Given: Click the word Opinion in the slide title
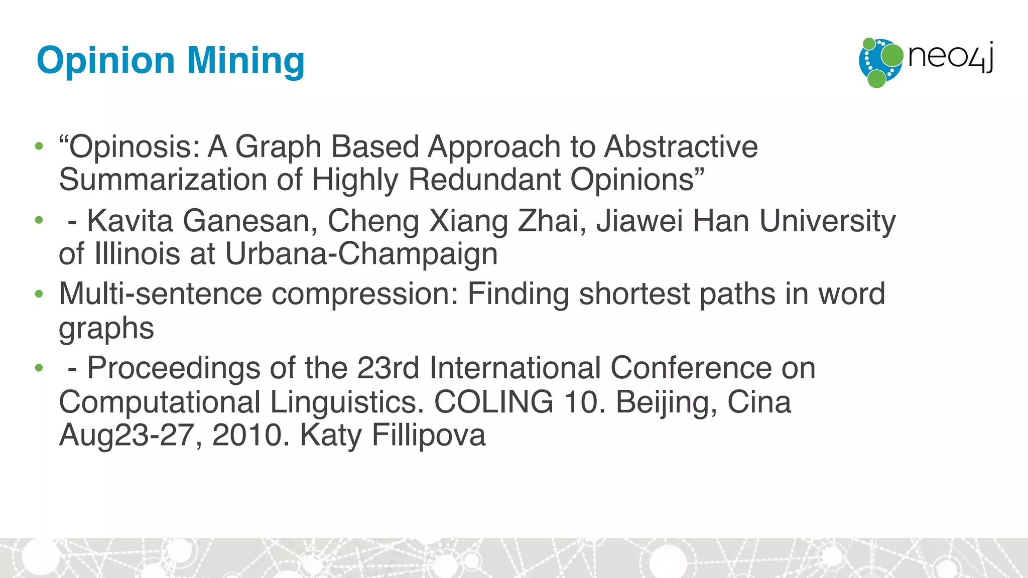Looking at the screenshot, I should [106, 61].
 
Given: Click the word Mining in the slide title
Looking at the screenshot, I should [246, 61].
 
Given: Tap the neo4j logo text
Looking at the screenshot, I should [951, 56].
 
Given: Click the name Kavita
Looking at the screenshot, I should [130, 221].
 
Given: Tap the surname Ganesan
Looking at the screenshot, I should [249, 221].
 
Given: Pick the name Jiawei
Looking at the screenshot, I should [639, 221].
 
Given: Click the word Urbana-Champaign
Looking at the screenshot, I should [361, 254].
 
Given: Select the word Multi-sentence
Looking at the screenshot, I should [160, 294].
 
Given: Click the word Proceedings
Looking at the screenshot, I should [174, 368].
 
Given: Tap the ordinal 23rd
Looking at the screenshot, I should [388, 368].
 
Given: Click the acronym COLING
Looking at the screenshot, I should [493, 402].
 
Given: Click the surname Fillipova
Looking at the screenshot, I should [428, 435].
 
